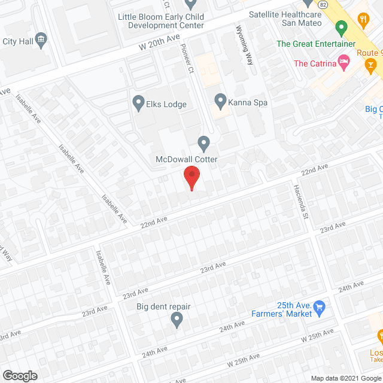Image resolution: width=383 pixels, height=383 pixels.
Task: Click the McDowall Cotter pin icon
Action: [x=203, y=143]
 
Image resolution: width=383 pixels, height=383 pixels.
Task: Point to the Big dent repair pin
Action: [x=177, y=321]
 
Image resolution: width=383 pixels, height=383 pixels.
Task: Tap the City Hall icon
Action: [x=41, y=40]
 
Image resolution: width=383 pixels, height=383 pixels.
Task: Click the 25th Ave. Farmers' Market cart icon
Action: [x=319, y=308]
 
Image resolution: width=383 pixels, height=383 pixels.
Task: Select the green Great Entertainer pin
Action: [x=341, y=28]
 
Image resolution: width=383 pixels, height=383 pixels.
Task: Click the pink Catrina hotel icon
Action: [x=344, y=61]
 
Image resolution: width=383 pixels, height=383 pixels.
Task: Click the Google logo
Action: [x=20, y=376]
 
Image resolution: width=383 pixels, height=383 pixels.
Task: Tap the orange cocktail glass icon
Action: [x=372, y=65]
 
